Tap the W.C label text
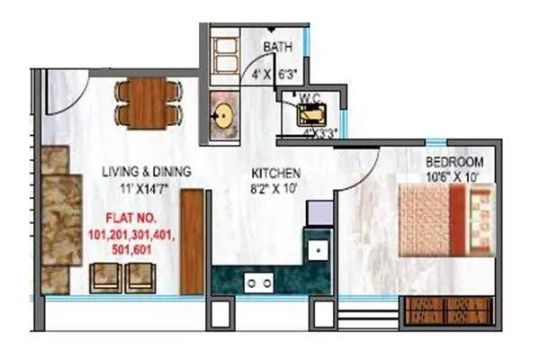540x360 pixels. pos(311,96)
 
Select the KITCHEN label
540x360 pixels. pos(275,173)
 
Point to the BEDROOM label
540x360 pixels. pos(454,162)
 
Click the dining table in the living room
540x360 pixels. pos(148,103)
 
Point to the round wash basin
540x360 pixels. pos(222,116)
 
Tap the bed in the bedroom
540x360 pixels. pos(446,220)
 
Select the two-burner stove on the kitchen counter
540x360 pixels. pos(259,283)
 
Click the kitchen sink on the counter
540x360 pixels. pos(317,247)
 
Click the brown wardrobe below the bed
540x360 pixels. pos(446,311)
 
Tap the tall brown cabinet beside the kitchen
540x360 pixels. pos(193,243)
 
